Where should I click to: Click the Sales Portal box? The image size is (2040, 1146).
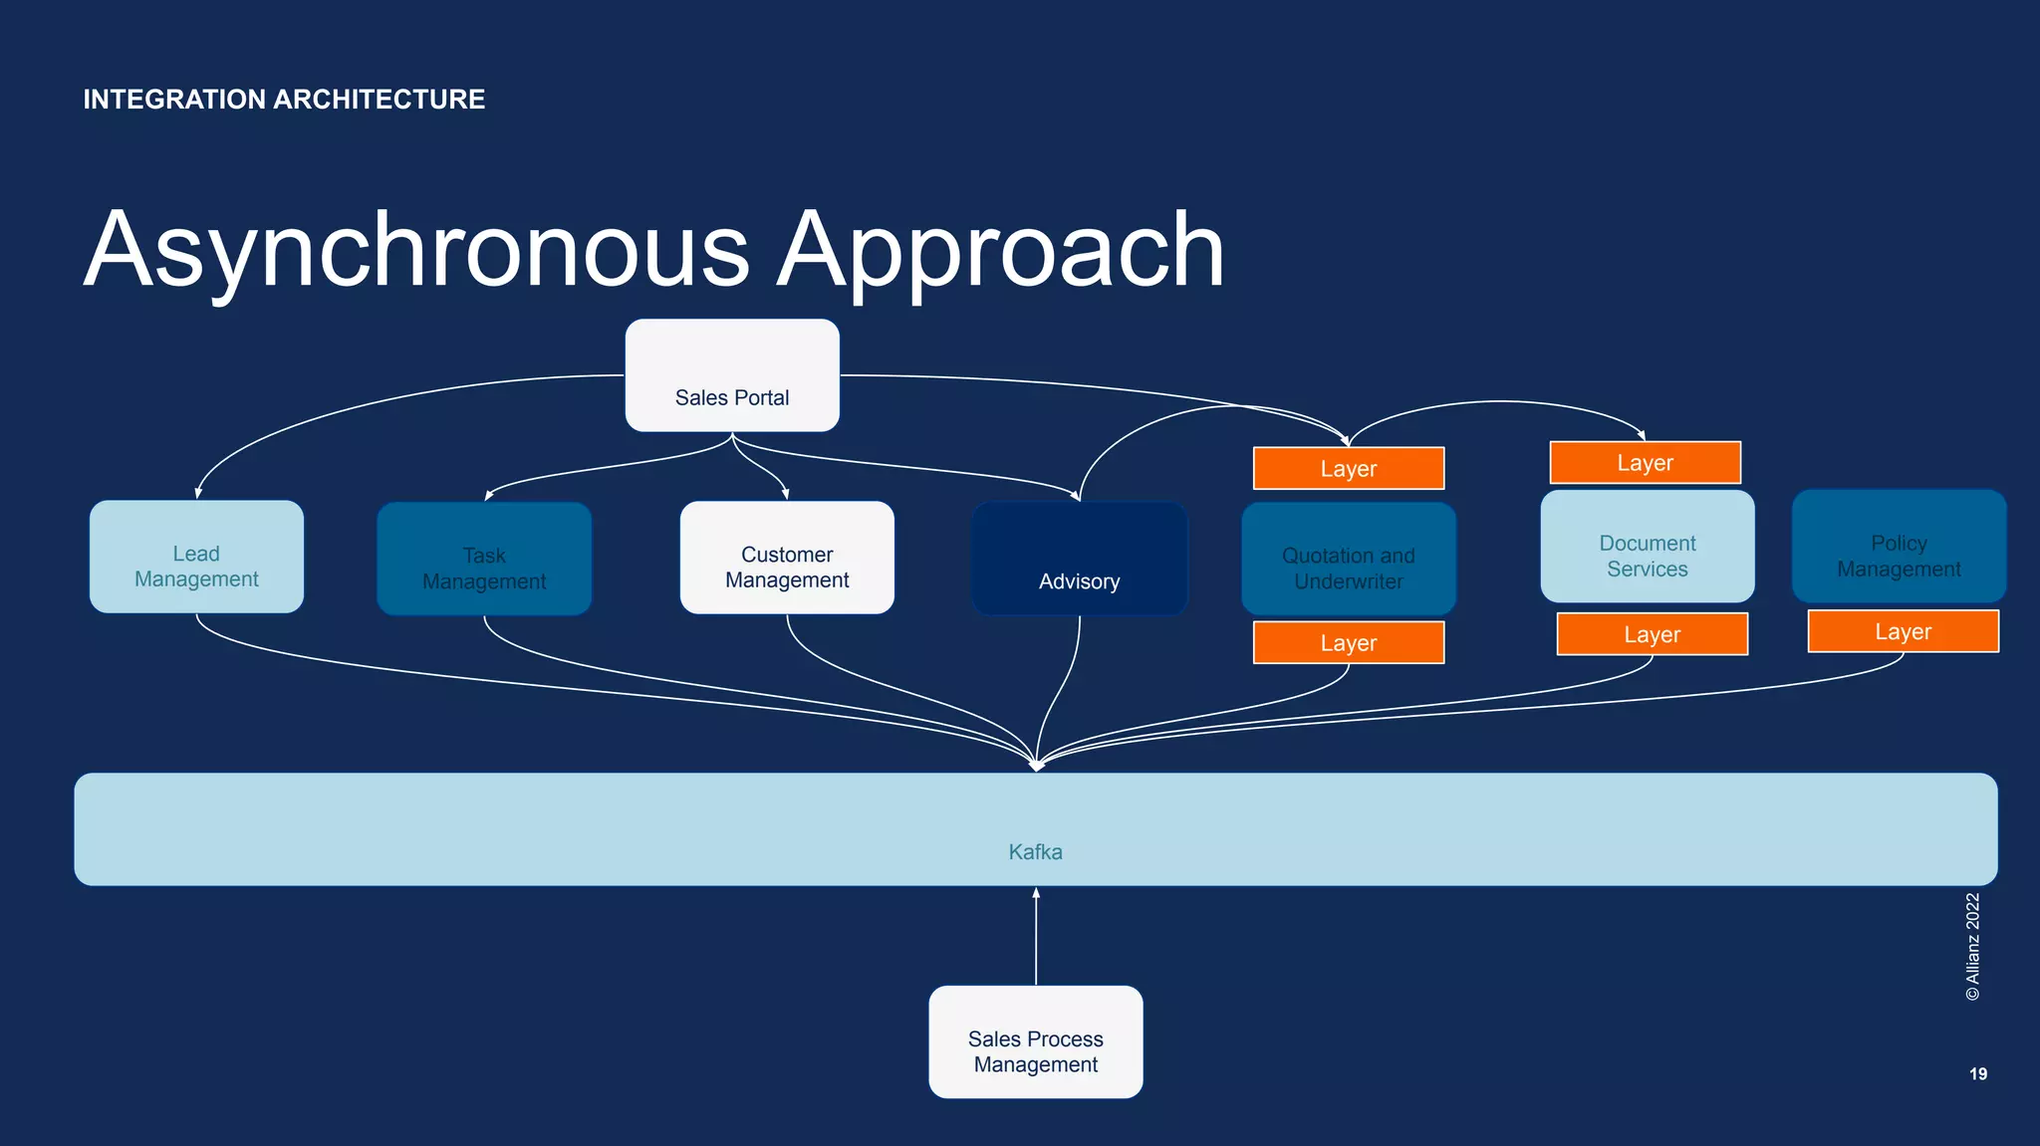[x=732, y=375]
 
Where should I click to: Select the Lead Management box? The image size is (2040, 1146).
[x=196, y=557]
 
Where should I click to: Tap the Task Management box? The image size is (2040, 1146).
[x=484, y=559]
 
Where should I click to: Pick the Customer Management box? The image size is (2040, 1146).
[x=787, y=558]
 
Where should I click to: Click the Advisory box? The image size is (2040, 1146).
[x=1079, y=559]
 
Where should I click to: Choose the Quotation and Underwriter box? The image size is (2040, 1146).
[x=1349, y=559]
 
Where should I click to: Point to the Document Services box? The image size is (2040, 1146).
[x=1648, y=547]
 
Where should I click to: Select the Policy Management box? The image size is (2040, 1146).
[x=1899, y=547]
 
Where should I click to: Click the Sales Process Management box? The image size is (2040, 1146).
[x=1036, y=1042]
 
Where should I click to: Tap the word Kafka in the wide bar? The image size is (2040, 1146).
[x=1036, y=852]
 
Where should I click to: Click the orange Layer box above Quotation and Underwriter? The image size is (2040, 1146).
[x=1349, y=469]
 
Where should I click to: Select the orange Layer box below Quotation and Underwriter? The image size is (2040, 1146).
[x=1349, y=643]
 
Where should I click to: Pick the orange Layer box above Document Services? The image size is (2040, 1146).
[x=1646, y=463]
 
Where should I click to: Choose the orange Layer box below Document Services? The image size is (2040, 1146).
[x=1653, y=634]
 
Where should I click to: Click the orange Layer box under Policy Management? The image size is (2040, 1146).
[x=1904, y=632]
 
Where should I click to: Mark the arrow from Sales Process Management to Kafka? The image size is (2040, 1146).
[x=1036, y=936]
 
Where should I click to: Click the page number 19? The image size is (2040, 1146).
[x=1978, y=1073]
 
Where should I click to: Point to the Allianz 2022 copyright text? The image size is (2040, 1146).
[x=1972, y=947]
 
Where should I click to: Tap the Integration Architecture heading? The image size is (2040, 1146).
[x=284, y=100]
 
